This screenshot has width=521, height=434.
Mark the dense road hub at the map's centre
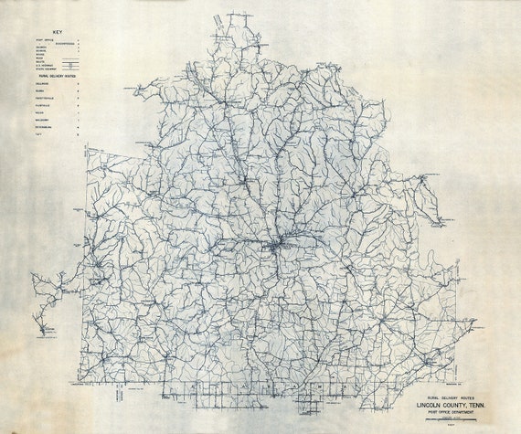pos(277,244)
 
